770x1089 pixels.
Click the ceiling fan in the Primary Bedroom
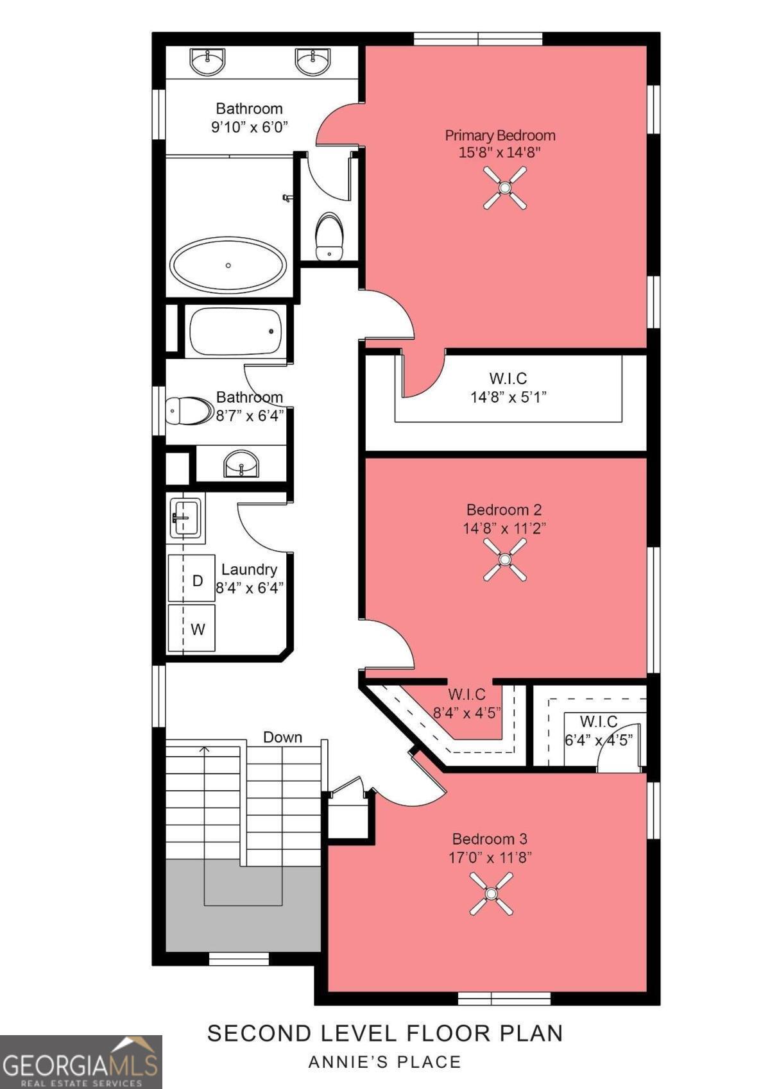505,187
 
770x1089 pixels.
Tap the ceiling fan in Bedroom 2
504,560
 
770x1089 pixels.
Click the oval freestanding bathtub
228,265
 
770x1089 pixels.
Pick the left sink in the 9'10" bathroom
207,62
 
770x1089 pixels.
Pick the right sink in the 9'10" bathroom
313,62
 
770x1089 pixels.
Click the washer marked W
192,628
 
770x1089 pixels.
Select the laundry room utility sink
185,516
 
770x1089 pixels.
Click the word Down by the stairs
282,737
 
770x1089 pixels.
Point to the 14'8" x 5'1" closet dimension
508,397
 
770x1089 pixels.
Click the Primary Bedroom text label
500,135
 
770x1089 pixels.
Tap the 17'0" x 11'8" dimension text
490,857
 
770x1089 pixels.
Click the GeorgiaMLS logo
80,1061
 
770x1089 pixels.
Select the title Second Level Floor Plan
385,1033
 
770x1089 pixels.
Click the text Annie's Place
385,1062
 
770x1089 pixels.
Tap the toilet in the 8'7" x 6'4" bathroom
189,410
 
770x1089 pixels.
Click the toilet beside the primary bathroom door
330,236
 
